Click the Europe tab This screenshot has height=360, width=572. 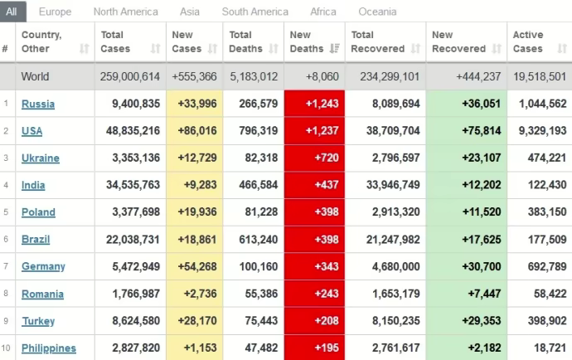coord(55,12)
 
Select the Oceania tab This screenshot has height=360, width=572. coord(377,12)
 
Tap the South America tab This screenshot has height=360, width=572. coord(255,12)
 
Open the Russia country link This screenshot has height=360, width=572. coord(38,104)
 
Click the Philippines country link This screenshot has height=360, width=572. coord(49,348)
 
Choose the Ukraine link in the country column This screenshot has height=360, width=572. coord(41,158)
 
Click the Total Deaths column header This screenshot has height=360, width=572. coord(246,41)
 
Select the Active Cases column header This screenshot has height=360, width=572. coord(528,41)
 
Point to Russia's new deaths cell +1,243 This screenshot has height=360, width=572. coord(314,104)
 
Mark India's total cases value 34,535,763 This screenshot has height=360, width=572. coord(130,185)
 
